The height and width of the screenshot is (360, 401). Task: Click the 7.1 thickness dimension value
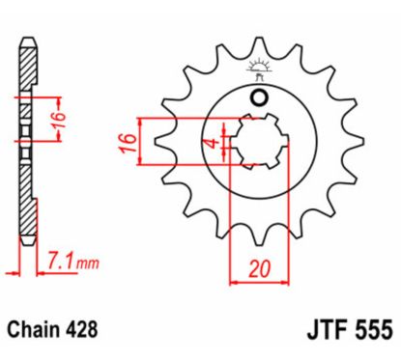(60, 259)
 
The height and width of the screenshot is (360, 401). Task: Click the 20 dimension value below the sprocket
(257, 269)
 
